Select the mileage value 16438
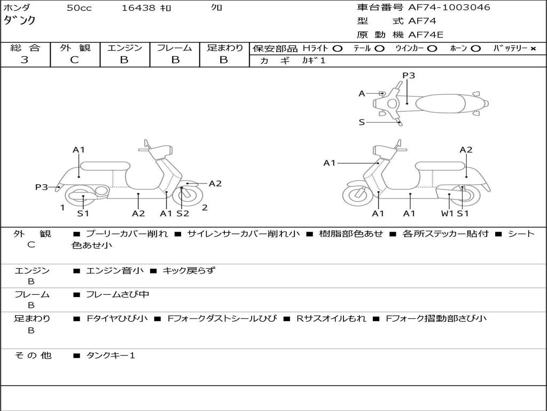coord(138,8)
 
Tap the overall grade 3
coord(25,60)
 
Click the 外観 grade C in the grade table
coord(75,60)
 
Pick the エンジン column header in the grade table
coord(124,48)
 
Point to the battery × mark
coord(533,49)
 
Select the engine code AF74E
coord(425,35)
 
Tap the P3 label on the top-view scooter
coord(409,75)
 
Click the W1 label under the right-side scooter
coord(447,214)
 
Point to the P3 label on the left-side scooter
coord(42,187)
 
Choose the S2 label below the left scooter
coord(183,214)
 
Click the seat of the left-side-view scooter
coord(105,165)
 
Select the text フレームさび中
coord(118,295)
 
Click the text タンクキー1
coord(111,355)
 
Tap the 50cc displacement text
coord(79,8)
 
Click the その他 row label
coord(33,355)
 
